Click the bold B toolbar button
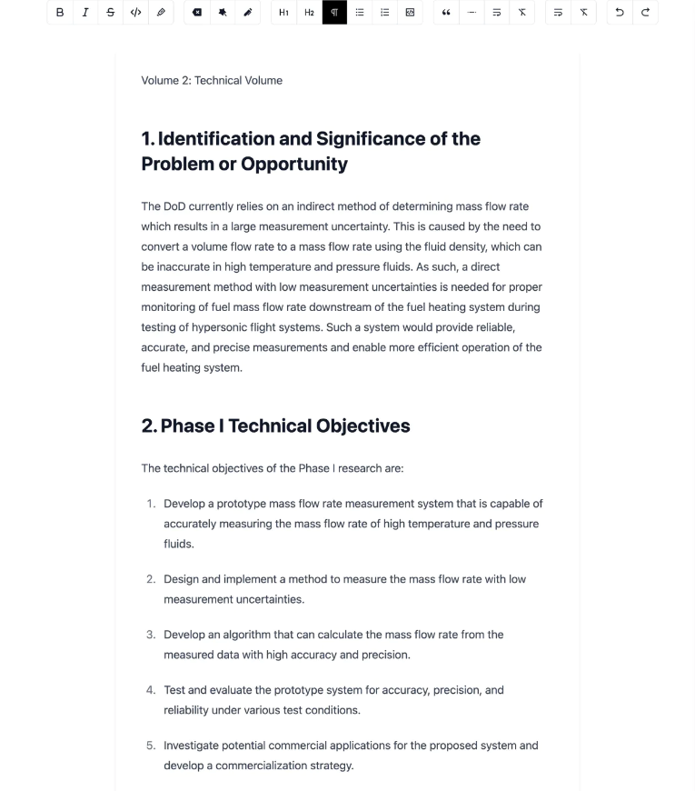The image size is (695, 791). (60, 13)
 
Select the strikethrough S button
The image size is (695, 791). (111, 13)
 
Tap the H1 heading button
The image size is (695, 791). (283, 13)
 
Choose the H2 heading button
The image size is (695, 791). (309, 13)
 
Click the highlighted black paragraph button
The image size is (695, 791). (334, 13)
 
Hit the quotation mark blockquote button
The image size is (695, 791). (446, 13)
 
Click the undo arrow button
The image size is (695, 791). (620, 13)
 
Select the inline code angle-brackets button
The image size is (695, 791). (136, 13)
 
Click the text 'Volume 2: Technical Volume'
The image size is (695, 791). (212, 80)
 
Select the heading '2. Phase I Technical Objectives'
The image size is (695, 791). (275, 426)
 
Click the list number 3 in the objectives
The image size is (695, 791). (151, 635)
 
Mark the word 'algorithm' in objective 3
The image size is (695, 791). (275, 635)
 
